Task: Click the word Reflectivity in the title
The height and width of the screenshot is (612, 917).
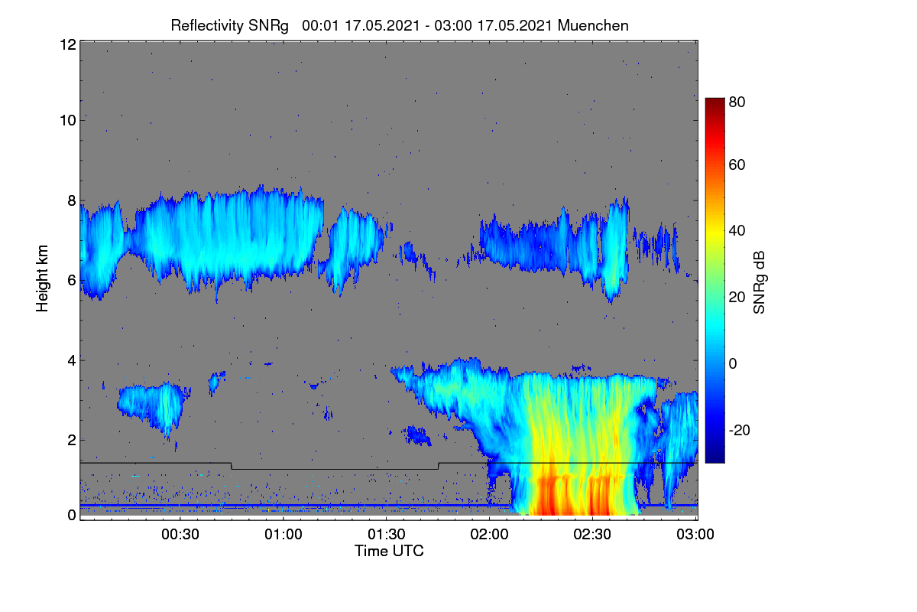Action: coord(207,26)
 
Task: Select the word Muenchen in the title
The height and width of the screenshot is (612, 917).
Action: coord(593,26)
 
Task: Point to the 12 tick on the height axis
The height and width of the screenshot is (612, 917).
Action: coord(68,44)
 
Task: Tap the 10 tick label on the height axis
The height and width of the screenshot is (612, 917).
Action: coord(68,121)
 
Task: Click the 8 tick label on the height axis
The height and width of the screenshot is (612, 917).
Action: coord(72,201)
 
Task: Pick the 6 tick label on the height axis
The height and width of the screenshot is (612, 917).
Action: coord(72,281)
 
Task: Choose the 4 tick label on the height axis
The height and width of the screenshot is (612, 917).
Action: coord(72,361)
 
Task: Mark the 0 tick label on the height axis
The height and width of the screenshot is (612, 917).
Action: coord(72,515)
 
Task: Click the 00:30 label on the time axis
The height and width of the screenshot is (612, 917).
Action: coord(180,534)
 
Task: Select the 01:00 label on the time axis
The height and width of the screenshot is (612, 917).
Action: coord(284,534)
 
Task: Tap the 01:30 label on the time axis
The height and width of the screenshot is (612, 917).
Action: coord(387,534)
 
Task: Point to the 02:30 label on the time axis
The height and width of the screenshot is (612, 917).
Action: coord(592,534)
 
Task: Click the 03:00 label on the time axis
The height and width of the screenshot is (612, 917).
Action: coord(695,534)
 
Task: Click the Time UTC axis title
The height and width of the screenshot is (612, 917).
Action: coord(389,551)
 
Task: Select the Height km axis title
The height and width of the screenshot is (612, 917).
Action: coord(42,278)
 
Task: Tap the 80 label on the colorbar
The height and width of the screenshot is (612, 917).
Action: coord(737,102)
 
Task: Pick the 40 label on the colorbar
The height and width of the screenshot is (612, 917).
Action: coord(737,231)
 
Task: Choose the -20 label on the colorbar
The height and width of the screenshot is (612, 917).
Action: coord(740,430)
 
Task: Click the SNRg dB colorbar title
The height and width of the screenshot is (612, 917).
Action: coord(759,283)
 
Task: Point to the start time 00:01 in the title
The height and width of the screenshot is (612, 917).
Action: coord(320,26)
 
